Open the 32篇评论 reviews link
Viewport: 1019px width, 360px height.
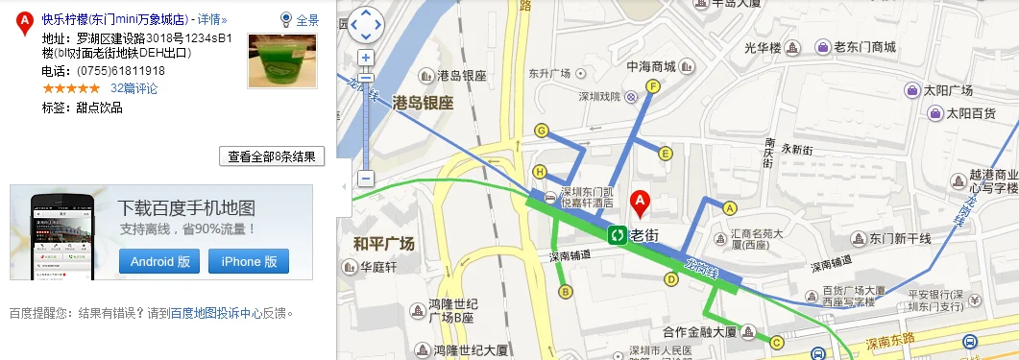[133, 88]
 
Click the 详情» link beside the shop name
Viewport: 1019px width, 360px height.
[213, 19]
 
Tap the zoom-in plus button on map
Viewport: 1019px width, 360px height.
[365, 58]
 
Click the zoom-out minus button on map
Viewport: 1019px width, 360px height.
[365, 179]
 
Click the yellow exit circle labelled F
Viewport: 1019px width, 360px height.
[653, 86]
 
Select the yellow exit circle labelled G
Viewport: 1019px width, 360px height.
[542, 131]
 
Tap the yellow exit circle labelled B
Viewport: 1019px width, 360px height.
[566, 291]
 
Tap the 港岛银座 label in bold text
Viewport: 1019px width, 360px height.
[423, 104]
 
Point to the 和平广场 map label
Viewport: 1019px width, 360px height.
[383, 244]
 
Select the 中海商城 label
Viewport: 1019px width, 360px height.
[651, 67]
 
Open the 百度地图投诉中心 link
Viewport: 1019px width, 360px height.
[210, 313]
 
